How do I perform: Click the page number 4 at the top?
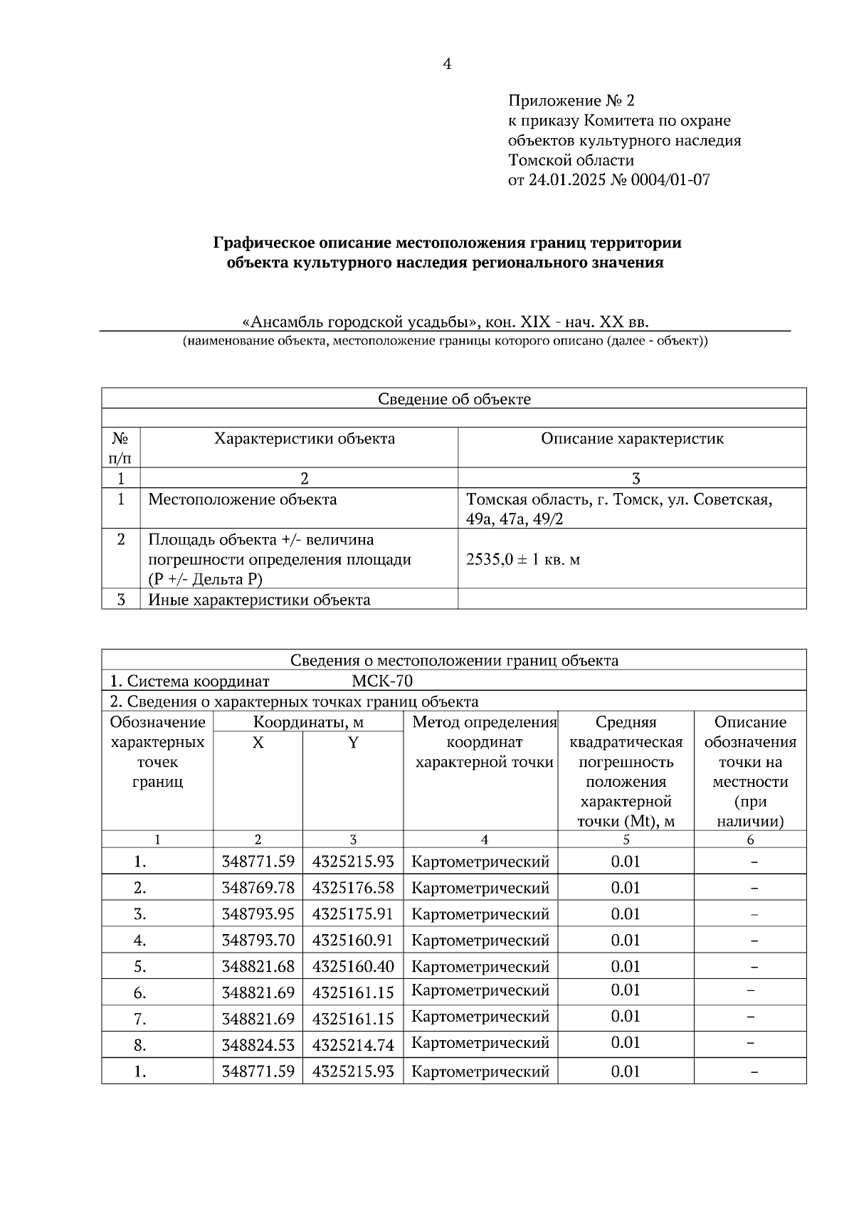[447, 65]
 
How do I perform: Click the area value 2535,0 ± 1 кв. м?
[523, 559]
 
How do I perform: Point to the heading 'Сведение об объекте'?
[454, 399]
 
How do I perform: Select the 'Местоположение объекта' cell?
[243, 499]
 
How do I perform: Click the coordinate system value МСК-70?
[382, 682]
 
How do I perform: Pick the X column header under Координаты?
[258, 743]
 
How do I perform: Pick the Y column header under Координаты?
[353, 743]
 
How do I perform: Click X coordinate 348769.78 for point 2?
[258, 888]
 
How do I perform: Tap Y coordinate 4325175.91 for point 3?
[353, 914]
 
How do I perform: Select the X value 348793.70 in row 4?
[258, 941]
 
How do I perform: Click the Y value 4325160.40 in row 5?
[353, 967]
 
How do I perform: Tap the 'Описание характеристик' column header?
[632, 439]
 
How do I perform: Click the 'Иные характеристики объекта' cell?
[259, 600]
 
